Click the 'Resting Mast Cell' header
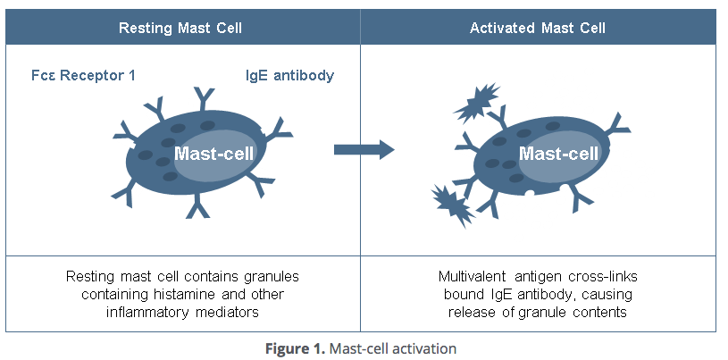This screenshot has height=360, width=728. tap(180, 29)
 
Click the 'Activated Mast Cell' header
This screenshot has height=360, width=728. tap(538, 29)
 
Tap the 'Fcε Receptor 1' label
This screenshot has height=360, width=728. tap(83, 75)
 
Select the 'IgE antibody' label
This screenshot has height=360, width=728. tap(289, 75)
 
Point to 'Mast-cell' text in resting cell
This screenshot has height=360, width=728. tap(213, 153)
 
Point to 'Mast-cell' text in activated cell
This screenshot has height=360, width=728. tap(558, 153)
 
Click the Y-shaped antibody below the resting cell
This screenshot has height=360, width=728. tap(197, 209)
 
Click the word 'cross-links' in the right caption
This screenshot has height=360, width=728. tap(607, 276)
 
